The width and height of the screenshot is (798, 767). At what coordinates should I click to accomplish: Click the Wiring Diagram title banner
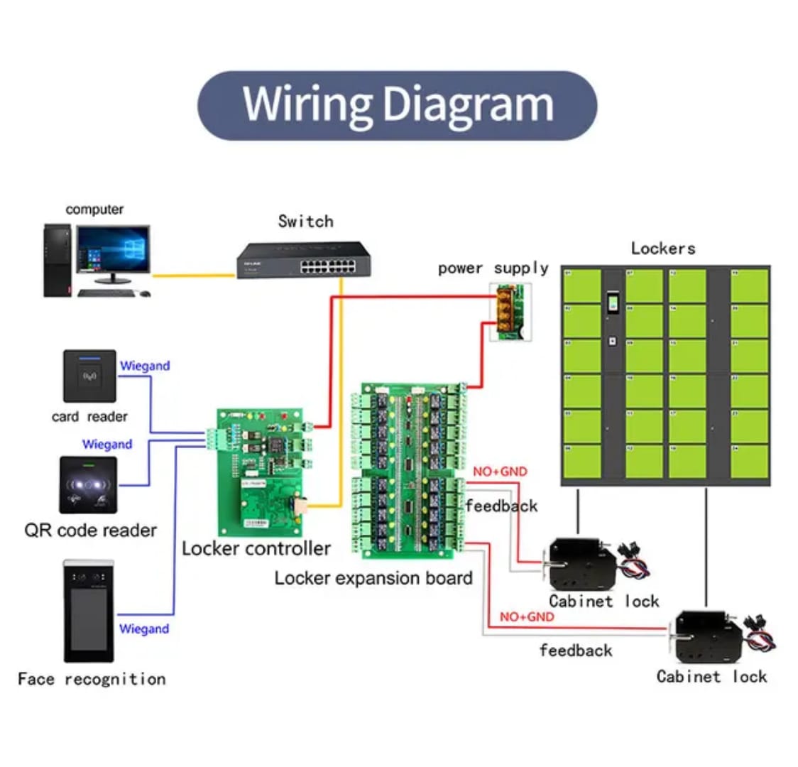tap(397, 105)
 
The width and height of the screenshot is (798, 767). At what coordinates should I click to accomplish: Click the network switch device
tap(304, 260)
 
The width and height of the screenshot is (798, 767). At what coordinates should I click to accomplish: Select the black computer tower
tap(58, 260)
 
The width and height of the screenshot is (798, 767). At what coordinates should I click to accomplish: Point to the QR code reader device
tap(88, 484)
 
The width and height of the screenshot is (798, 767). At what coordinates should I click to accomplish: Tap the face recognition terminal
tap(89, 610)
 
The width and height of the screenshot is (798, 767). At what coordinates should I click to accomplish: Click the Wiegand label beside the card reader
tap(145, 366)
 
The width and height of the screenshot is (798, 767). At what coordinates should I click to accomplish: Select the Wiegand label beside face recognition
tap(144, 629)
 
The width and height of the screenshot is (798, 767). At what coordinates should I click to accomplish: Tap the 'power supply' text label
tap(493, 268)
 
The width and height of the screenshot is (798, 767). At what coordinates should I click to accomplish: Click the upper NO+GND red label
tap(500, 471)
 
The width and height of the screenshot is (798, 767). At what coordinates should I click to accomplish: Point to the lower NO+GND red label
tap(526, 616)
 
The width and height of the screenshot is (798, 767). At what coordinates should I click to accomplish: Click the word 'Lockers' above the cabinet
tap(662, 248)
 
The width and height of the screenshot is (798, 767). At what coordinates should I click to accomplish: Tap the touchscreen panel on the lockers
tap(613, 305)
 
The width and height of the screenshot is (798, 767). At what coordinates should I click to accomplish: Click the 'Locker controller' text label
tap(256, 548)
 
